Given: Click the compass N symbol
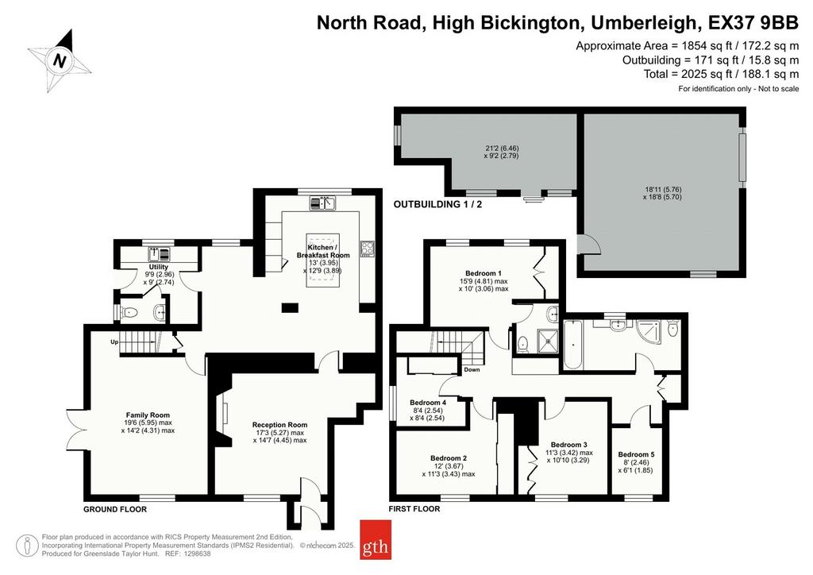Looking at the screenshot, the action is click(60, 61).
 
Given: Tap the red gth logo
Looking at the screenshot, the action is click(376, 540).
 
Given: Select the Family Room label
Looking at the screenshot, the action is click(148, 415).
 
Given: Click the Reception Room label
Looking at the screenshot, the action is click(279, 425).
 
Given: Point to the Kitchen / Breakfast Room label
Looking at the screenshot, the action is click(323, 252).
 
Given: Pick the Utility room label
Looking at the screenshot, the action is click(159, 267).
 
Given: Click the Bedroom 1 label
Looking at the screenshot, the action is click(484, 273).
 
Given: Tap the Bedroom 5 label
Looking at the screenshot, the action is click(636, 455).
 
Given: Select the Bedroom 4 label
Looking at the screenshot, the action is click(428, 403).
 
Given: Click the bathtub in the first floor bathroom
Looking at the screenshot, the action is click(572, 345).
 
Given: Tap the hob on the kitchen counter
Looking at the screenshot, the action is click(368, 248).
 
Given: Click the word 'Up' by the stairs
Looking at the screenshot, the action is click(114, 342).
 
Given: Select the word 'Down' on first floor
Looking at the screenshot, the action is click(472, 369).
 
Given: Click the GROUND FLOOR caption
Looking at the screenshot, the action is click(115, 509).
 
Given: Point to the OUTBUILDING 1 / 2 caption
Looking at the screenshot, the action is click(437, 204).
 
